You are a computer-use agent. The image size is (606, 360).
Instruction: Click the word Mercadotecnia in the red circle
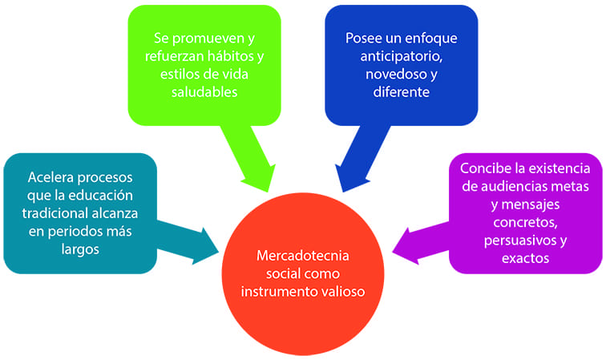tap(303, 257)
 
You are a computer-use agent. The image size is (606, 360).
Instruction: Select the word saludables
tap(204, 92)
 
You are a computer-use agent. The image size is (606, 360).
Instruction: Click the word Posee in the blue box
tap(364, 38)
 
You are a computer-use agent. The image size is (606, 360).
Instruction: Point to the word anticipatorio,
tap(401, 56)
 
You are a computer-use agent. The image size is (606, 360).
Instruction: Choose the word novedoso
tap(387, 74)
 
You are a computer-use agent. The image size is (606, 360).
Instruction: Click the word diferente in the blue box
tap(401, 92)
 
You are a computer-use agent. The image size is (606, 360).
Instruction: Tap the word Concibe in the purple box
tap(483, 168)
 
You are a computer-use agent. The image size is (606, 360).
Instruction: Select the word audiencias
tap(505, 187)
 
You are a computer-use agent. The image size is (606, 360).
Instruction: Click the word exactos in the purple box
tap(527, 258)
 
